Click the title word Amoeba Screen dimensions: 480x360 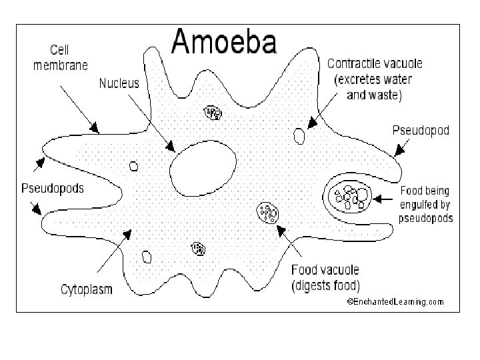[223, 43]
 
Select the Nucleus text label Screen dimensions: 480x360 [119, 83]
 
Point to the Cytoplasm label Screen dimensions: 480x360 [87, 289]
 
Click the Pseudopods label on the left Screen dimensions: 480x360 [53, 189]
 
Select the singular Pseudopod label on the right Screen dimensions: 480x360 [420, 131]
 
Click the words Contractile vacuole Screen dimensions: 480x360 [375, 65]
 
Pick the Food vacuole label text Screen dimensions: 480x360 [325, 271]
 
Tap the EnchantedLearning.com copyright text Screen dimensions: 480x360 [395, 301]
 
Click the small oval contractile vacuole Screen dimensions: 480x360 [300, 136]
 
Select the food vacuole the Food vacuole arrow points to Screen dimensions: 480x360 [268, 213]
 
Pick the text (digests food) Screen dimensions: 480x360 [326, 286]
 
